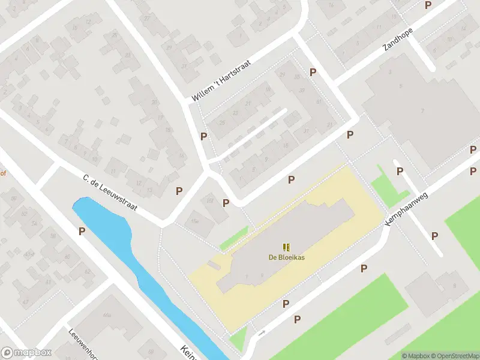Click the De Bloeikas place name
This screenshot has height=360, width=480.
pos(286,259)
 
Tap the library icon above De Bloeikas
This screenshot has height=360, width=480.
pos(286,247)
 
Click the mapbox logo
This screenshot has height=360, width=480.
pos(26,353)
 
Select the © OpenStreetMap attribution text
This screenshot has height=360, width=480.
pos(454,356)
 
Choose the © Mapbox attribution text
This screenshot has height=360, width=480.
pos(415,356)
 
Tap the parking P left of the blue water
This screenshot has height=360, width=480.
pos(81,230)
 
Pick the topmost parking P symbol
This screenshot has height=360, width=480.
pos(428,5)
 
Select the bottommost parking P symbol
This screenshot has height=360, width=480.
pos(297,320)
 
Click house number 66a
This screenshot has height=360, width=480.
pos(107,314)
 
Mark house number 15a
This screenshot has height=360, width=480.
pos(194,221)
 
